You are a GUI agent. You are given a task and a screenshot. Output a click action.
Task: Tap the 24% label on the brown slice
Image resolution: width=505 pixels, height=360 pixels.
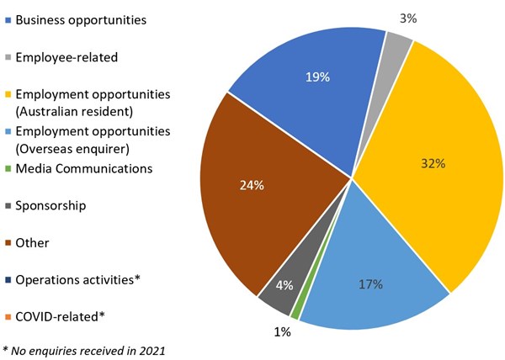click(252, 185)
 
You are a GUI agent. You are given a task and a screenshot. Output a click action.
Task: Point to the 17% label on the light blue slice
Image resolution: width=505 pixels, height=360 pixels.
click(371, 284)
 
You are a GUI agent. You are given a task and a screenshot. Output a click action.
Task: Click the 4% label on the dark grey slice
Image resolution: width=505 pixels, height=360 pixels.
click(284, 285)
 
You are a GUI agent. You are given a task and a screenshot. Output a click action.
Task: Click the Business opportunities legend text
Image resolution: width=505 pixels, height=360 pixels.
click(80, 19)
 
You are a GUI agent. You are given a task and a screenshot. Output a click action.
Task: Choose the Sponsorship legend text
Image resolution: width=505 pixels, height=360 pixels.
click(50, 205)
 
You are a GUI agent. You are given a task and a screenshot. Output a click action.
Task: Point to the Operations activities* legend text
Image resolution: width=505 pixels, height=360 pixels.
click(77, 279)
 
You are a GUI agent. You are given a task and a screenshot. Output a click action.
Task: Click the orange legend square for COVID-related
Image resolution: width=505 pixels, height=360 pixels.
click(8, 317)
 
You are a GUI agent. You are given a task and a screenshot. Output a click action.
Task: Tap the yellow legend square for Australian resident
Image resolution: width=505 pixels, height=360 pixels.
click(8, 93)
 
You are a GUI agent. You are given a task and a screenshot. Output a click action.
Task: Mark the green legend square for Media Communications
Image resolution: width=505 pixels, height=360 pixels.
click(8, 168)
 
